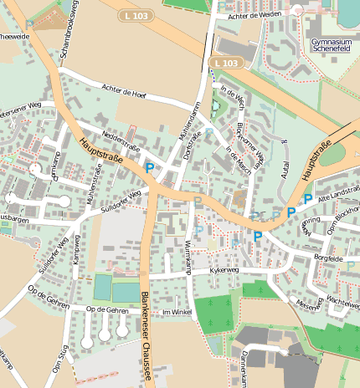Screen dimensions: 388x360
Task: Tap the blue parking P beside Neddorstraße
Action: pyautogui.click(x=149, y=168)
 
